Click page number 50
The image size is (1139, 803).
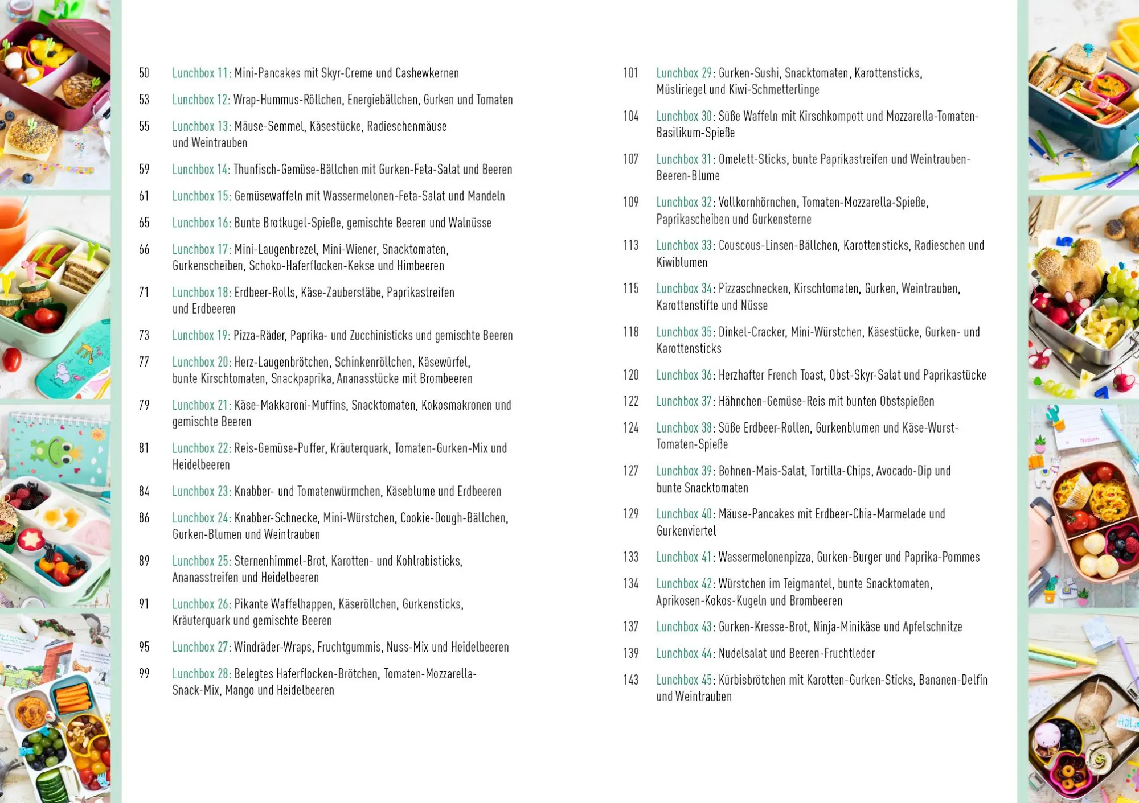click(x=144, y=73)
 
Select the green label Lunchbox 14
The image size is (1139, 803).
click(x=201, y=170)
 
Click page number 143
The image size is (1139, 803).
click(x=630, y=680)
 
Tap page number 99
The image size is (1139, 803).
click(x=144, y=674)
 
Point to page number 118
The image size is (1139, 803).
click(x=630, y=332)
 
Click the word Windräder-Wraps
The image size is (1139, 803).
click(x=272, y=647)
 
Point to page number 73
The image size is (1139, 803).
click(x=144, y=336)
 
